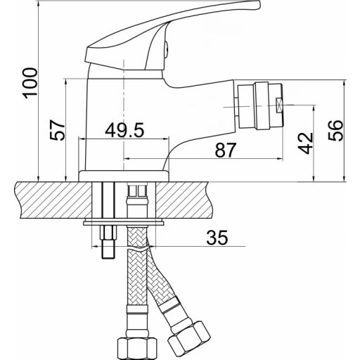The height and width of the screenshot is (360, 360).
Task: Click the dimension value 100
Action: [x=30, y=83]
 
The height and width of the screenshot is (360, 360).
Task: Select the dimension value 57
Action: [x=57, y=130]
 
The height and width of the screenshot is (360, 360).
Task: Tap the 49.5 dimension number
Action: [x=124, y=130]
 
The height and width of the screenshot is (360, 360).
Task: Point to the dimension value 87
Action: [x=225, y=150]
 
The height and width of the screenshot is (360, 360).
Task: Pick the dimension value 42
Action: [x=305, y=143]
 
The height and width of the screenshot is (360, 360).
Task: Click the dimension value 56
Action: [x=335, y=130]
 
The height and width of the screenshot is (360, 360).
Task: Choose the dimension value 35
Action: [x=217, y=238]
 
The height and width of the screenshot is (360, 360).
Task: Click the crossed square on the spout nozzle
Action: [x=279, y=105]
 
